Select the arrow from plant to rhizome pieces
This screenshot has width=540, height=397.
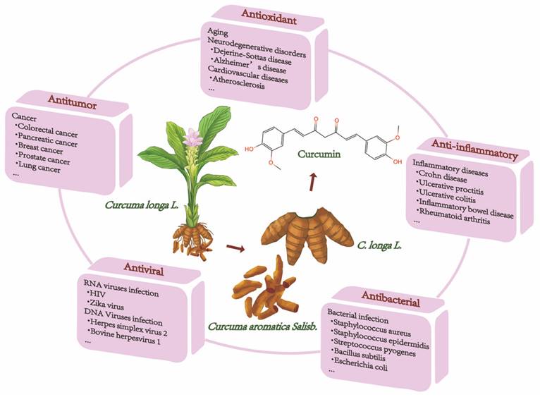coord(235,248)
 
